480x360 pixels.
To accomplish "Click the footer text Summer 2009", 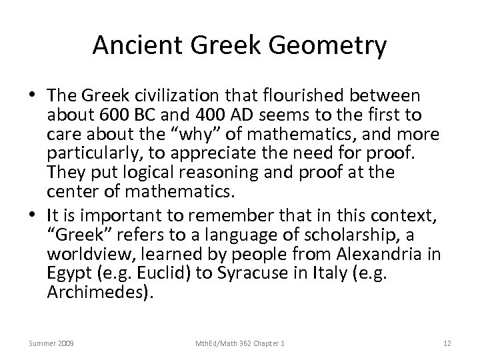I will [51, 343].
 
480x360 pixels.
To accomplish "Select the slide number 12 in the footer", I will [447, 343].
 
